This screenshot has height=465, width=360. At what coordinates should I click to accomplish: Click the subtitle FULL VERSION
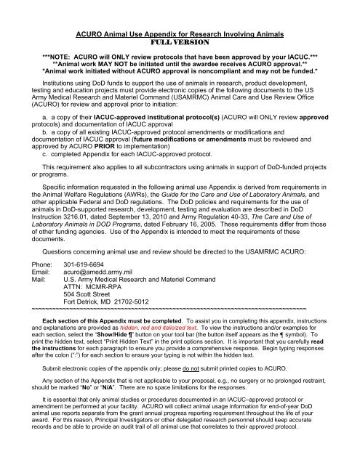click(180, 22)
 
